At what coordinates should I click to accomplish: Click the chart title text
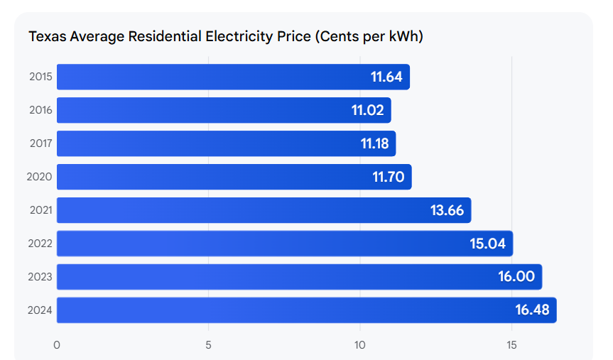click(x=226, y=36)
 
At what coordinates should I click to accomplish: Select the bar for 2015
click(x=233, y=77)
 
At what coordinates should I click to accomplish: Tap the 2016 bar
click(x=224, y=110)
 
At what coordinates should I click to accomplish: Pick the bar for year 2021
click(x=264, y=210)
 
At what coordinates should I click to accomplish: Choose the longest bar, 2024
click(x=306, y=310)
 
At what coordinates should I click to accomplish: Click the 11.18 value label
click(x=374, y=143)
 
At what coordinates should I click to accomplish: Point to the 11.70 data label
click(x=388, y=177)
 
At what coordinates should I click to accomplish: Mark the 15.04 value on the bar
click(x=487, y=244)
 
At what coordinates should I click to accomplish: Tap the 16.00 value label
click(x=516, y=277)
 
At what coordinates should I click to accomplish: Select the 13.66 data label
click(x=447, y=210)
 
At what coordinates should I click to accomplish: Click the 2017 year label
click(x=40, y=143)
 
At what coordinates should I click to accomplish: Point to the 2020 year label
click(x=39, y=177)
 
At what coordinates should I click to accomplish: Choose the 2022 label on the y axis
click(x=39, y=244)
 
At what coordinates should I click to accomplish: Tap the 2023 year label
click(x=39, y=277)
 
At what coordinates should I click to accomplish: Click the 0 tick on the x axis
click(x=57, y=345)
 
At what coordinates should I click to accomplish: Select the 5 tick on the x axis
click(x=209, y=345)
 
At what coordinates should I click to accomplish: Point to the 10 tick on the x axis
click(x=360, y=345)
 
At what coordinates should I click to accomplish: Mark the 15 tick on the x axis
click(x=511, y=345)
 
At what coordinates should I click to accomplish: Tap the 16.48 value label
click(x=532, y=310)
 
